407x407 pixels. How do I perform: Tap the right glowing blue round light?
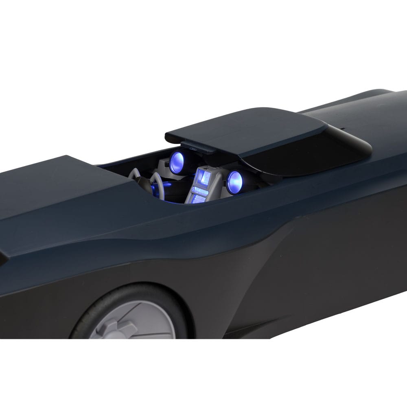[x=234, y=182]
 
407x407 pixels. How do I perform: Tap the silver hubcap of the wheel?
[x=134, y=322]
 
